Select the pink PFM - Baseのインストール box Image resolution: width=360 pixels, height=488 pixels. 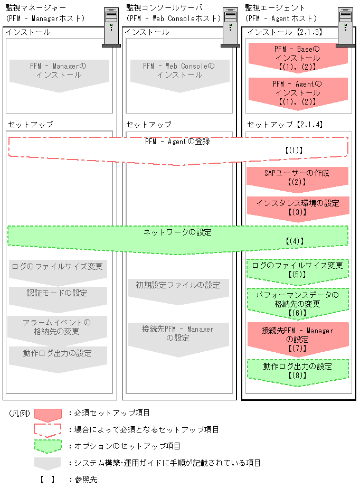297,58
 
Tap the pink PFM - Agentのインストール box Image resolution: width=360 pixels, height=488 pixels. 297,92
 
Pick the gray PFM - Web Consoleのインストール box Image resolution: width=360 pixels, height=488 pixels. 179,71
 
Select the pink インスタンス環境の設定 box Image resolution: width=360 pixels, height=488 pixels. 297,207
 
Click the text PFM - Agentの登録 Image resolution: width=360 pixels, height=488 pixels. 177,142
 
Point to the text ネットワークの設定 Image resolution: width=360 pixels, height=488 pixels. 177,232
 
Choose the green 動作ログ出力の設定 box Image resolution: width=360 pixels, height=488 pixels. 297,370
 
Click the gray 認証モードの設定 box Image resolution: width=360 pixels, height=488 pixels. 58,294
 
